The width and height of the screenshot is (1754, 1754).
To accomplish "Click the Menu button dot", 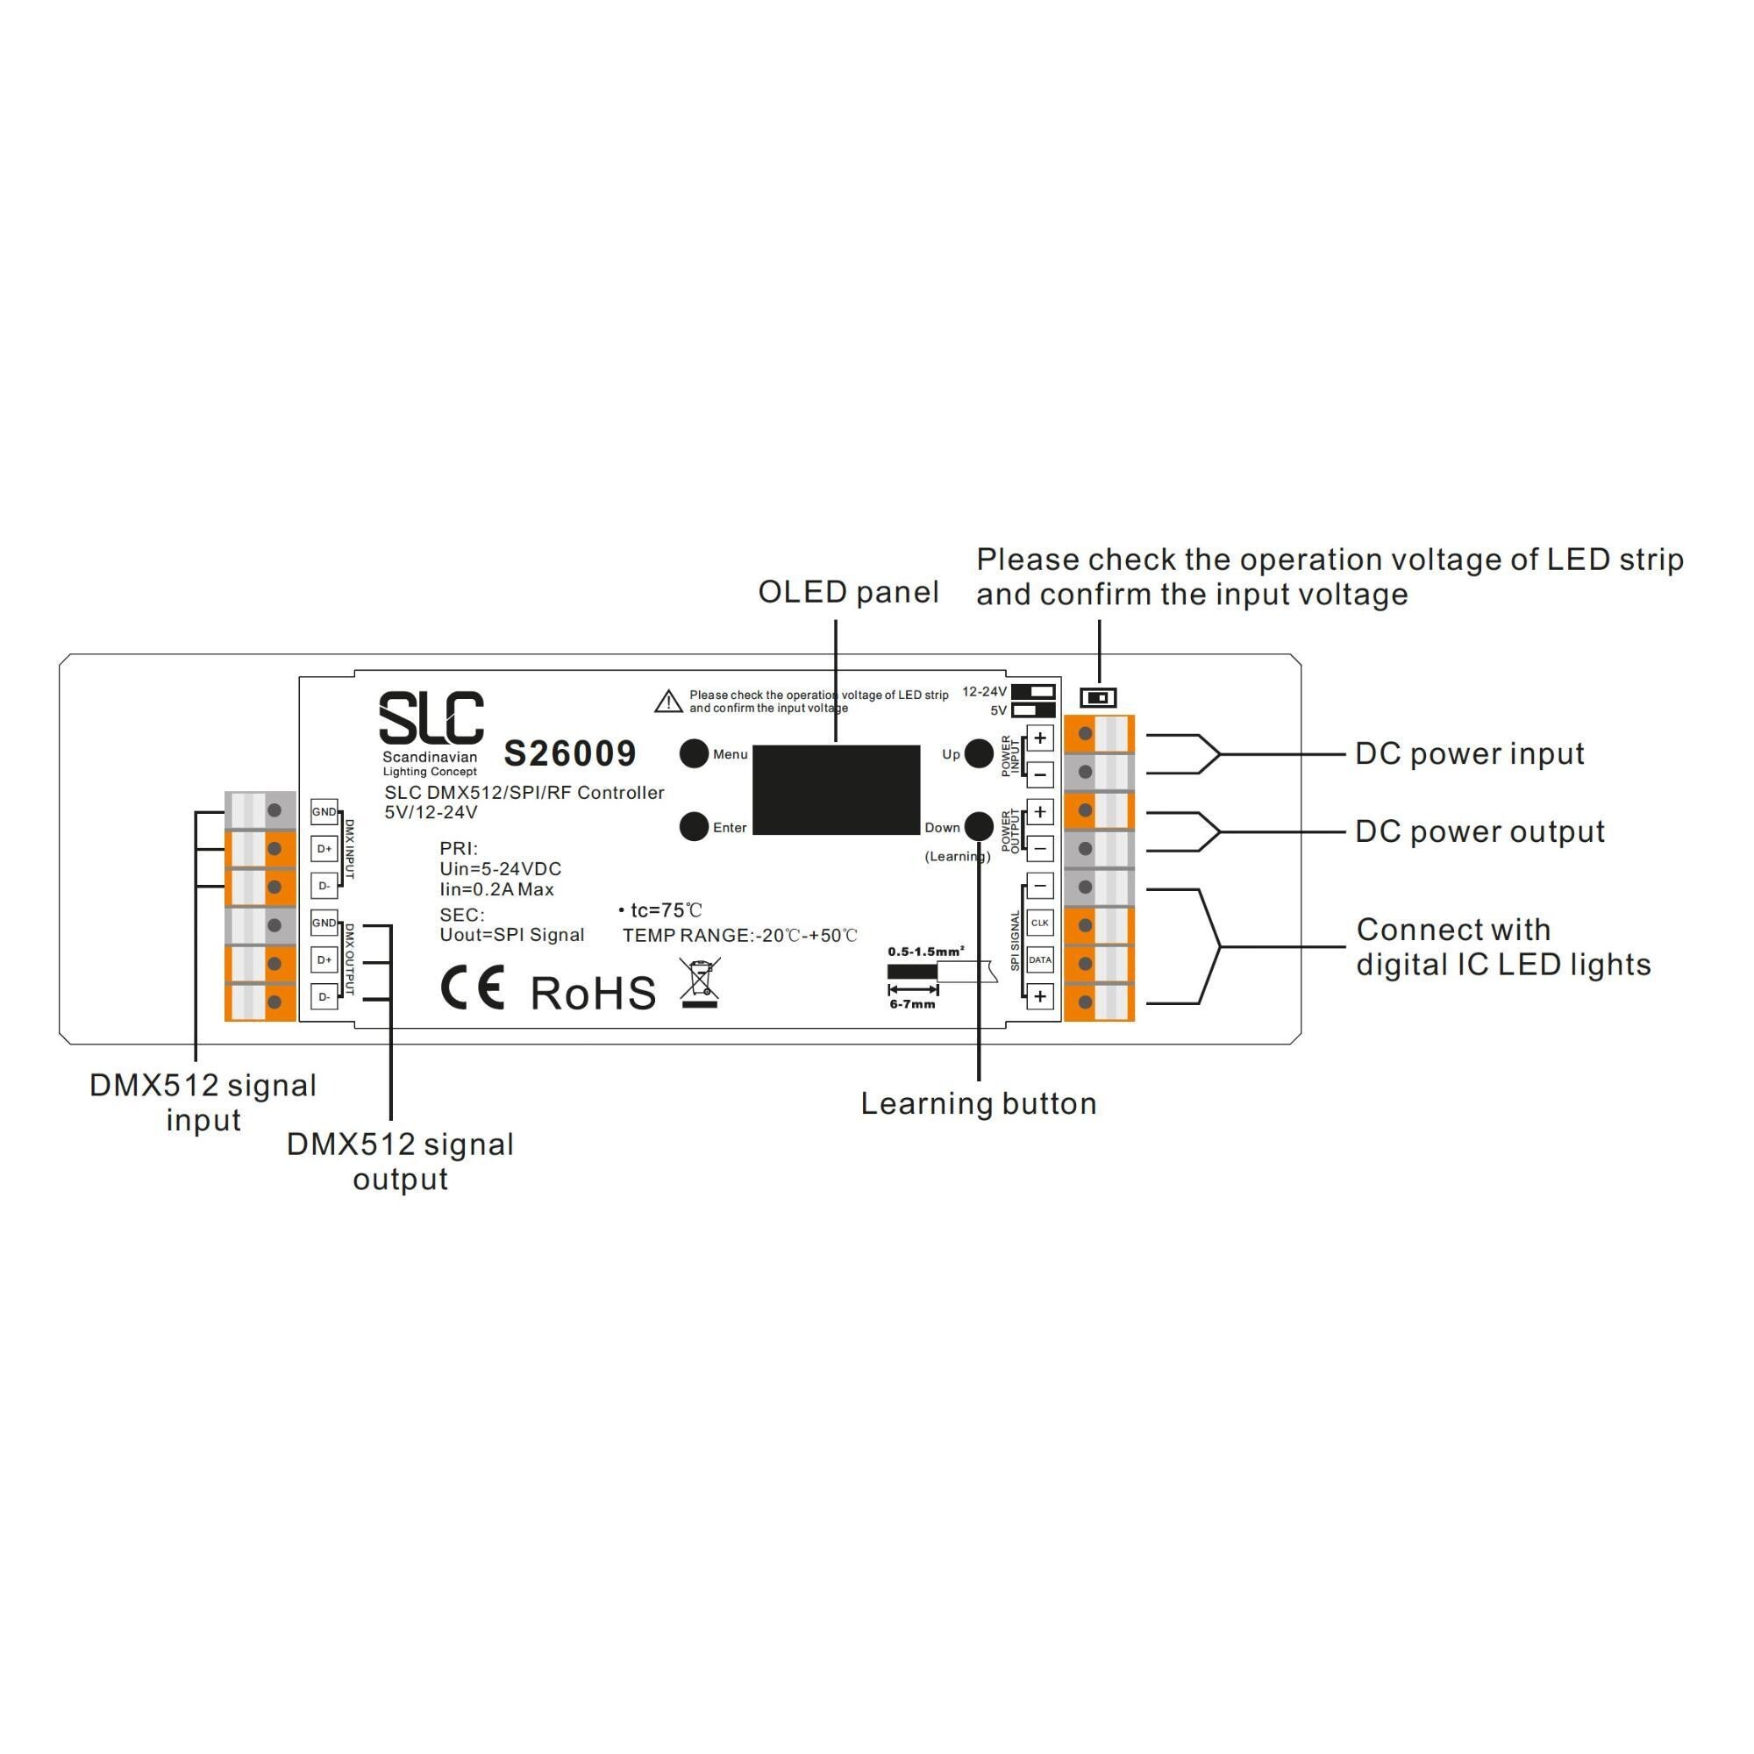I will tap(694, 753).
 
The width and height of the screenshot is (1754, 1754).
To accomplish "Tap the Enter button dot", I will tap(694, 826).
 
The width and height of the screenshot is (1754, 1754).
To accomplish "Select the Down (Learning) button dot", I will tap(979, 826).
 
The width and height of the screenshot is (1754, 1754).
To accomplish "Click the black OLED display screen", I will tap(835, 789).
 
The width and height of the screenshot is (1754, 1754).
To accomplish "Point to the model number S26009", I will tap(570, 753).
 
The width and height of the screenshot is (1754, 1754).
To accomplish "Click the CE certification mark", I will tap(472, 988).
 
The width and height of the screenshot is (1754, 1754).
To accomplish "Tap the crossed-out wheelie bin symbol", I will tap(700, 983).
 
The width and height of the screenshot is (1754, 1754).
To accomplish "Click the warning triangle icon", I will tap(668, 702).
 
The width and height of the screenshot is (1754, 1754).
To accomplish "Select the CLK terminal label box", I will tap(1039, 923).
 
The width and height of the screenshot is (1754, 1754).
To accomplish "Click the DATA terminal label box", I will tap(1039, 959).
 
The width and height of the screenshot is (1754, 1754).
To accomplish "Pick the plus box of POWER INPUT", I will tap(1039, 738).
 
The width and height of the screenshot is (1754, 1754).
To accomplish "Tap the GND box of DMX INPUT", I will tap(324, 811).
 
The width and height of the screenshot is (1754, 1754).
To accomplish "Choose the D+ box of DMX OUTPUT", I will tap(324, 959).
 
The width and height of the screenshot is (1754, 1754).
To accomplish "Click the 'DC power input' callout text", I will tap(1469, 753).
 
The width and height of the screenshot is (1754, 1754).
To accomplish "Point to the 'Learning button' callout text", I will tap(979, 1104).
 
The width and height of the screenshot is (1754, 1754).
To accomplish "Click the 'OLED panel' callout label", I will tap(848, 592).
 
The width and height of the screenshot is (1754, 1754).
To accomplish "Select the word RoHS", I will tap(593, 994).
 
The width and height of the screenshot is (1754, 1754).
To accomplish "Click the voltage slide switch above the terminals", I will tap(1098, 697).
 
